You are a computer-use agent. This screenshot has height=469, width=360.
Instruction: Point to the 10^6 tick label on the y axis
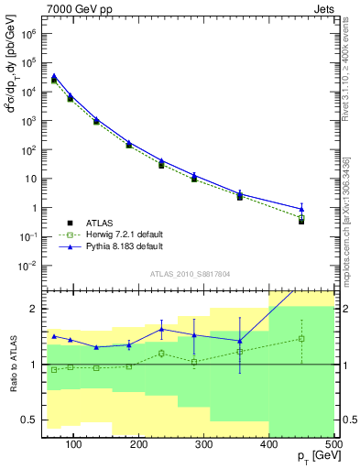pyautogui.click(x=27, y=34)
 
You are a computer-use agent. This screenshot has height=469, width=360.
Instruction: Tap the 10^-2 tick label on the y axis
pyautogui.click(x=27, y=266)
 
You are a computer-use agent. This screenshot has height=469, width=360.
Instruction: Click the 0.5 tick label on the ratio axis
pyautogui.click(x=29, y=420)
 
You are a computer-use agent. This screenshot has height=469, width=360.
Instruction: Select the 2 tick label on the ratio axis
pyautogui.click(x=34, y=309)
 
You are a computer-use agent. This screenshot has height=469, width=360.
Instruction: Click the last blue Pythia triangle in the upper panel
pyautogui.click(x=301, y=209)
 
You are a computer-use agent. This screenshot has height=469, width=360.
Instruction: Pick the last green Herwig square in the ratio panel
pyautogui.click(x=301, y=338)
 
